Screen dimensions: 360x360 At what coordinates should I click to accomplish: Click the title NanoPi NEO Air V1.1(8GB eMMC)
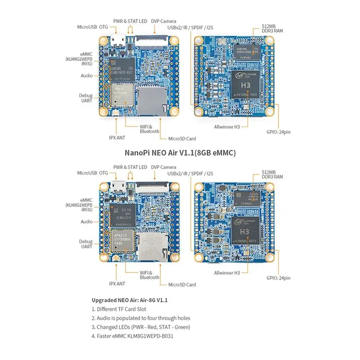180,153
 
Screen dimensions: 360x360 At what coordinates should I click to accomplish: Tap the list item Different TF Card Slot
119,309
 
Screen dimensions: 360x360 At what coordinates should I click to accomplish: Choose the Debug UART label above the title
86,98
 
